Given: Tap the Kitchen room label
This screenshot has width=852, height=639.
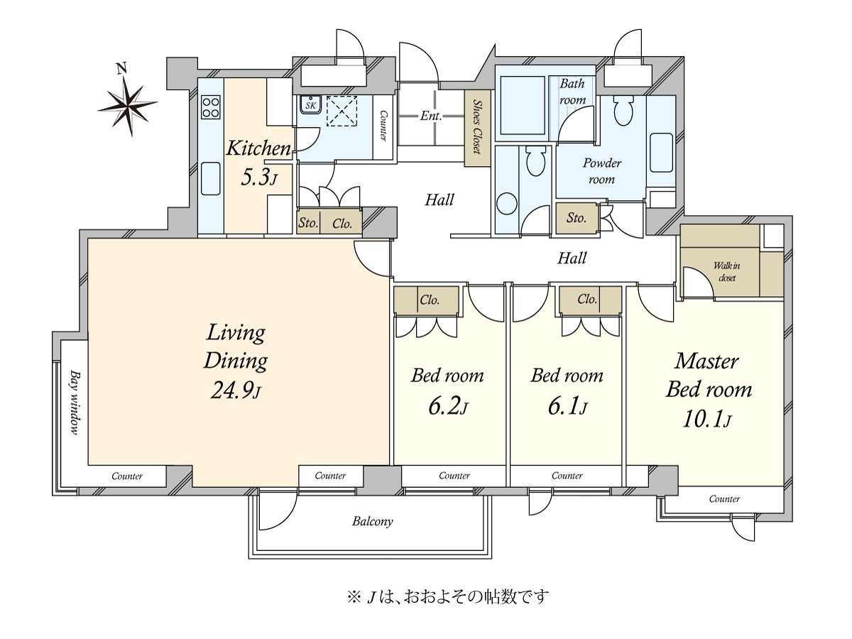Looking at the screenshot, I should pos(258,149).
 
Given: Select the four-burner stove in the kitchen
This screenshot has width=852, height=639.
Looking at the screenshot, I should pos(211,107).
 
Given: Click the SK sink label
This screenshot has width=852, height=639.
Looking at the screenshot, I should pos(310,105).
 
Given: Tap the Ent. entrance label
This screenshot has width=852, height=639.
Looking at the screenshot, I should pos(430,116).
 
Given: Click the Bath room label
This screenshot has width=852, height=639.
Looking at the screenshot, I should pos(572,92).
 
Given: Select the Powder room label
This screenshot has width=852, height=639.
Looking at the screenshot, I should pos(601,170).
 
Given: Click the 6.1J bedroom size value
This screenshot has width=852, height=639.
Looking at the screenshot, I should pos(566,408).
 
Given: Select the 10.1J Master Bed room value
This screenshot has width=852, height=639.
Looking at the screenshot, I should pos(708,420).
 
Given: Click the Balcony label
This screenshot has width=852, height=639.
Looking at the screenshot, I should pos(373,521).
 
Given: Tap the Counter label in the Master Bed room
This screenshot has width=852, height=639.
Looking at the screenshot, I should pos(724,499).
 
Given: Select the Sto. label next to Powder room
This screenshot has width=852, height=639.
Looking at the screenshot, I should pos(577,218).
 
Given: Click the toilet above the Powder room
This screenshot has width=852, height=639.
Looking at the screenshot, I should pos(623,110).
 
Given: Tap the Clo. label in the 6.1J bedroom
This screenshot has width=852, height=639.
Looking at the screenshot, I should pos(586,300).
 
